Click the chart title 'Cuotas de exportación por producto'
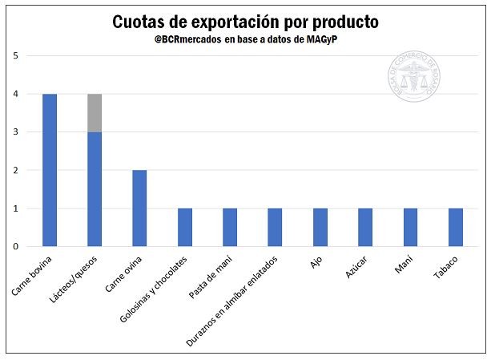pos(245,22)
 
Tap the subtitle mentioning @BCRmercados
pos(245,40)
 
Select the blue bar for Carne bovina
pos(50,170)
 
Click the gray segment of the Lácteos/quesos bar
pos(95,113)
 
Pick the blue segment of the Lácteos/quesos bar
pos(95,188)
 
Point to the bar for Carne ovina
pos(139,208)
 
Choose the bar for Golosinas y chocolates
pos(184,227)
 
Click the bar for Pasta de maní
pos(230,227)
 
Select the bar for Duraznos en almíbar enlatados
pos(275,227)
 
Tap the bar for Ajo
pos(320,227)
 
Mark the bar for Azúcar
pos(365,227)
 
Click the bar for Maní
pos(410,227)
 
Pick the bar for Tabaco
pos(455,227)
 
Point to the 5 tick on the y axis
pos(16,56)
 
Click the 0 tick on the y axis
pos(16,246)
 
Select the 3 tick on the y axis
pos(16,132)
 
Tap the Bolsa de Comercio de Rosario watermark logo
pos(414,78)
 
